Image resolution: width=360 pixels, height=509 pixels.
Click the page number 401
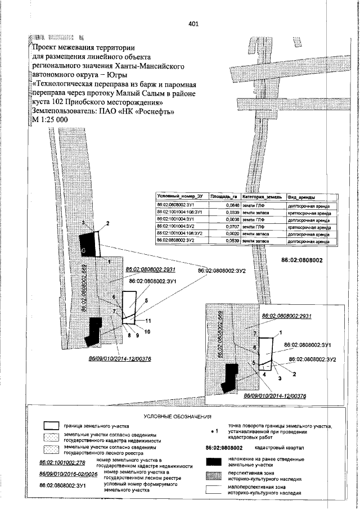193,24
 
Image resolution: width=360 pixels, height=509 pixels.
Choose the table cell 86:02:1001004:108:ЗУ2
183,233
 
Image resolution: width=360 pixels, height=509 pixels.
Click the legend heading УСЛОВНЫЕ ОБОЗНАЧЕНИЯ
177,417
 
